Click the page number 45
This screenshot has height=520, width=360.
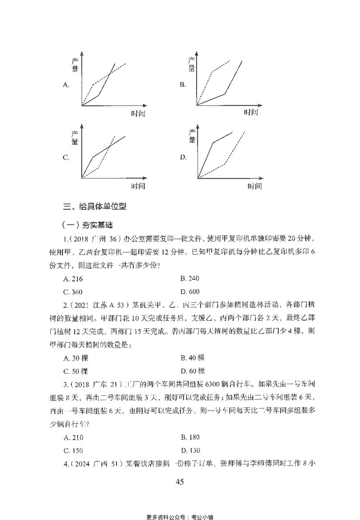180,482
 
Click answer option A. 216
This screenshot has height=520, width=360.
74,278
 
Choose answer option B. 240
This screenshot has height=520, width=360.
189,278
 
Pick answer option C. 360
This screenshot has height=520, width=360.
74,291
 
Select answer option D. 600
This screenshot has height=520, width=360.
189,291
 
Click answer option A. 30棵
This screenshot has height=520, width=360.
76,358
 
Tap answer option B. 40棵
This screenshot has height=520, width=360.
192,358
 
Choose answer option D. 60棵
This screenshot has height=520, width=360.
192,371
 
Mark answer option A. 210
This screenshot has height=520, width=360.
74,437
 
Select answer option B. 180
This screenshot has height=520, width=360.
189,437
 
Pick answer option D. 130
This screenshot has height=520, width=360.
189,450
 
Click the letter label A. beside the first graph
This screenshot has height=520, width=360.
66,85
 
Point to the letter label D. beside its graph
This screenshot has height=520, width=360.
183,157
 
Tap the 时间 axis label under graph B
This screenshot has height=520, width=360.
252,112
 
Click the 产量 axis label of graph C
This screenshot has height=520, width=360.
75,137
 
